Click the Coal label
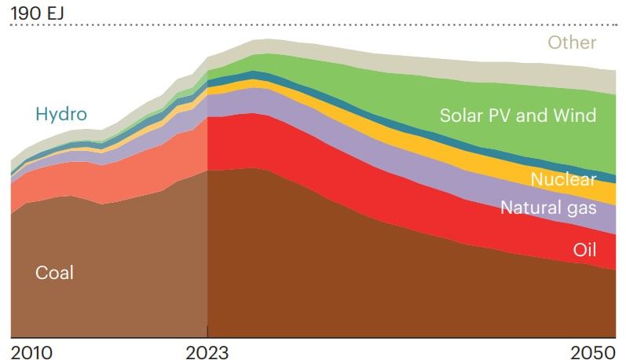[54, 273]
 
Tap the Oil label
[584, 251]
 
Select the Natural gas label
[548, 208]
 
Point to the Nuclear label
[563, 179]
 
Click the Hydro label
[60, 115]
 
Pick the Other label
[572, 42]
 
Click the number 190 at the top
[24, 12]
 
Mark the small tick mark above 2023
[207, 332]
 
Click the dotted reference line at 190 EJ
[314, 26]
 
